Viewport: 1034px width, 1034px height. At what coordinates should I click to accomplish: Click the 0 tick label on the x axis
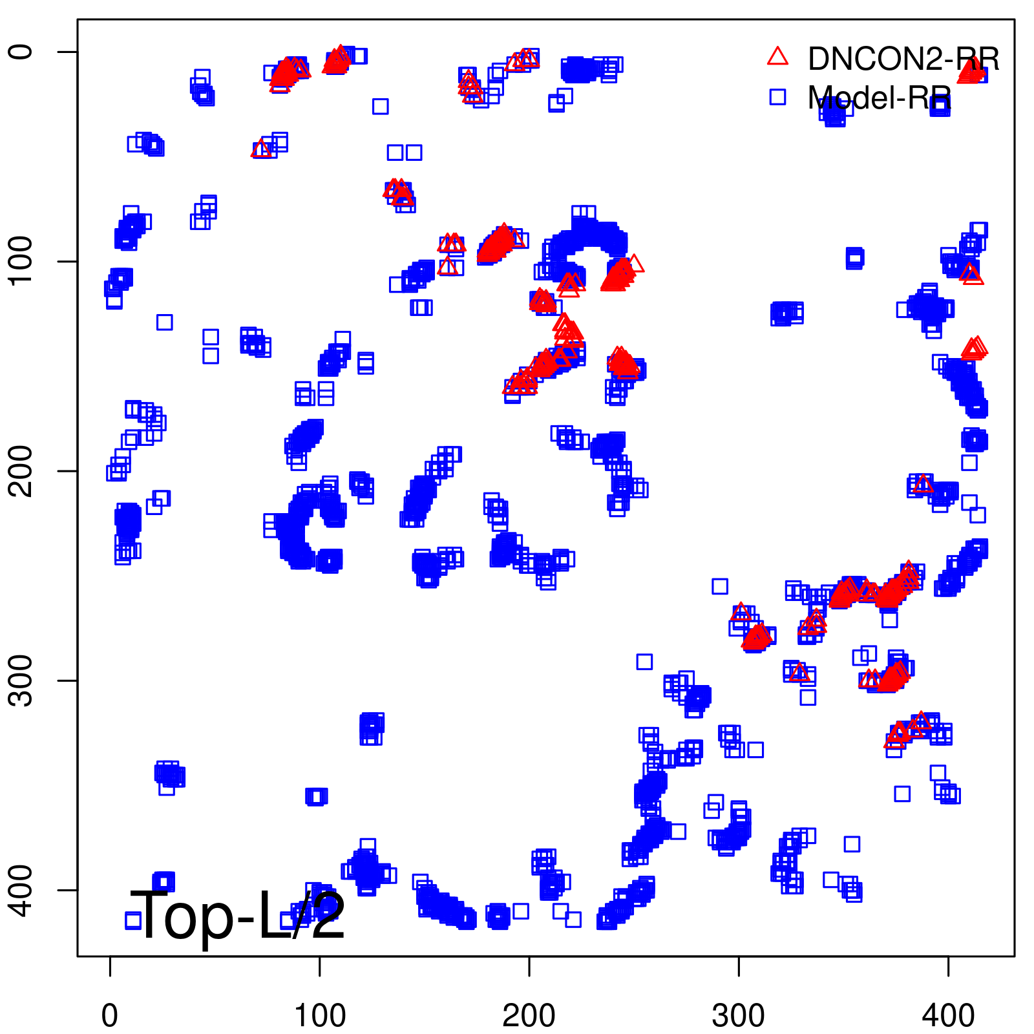pyautogui.click(x=110, y=1016)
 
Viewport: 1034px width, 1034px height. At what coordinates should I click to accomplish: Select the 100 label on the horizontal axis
pyautogui.click(x=319, y=1016)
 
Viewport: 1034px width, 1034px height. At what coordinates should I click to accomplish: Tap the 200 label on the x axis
pyautogui.click(x=529, y=1016)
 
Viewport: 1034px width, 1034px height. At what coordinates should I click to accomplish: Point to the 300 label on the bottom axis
pyautogui.click(x=738, y=1016)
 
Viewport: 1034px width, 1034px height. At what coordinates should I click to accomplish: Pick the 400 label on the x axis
pyautogui.click(x=947, y=1016)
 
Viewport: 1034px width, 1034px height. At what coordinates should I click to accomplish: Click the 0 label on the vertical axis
pyautogui.click(x=21, y=52)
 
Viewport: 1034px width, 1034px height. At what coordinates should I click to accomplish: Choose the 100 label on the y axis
pyautogui.click(x=21, y=261)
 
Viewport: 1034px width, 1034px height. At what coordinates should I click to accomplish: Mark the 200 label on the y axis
pyautogui.click(x=21, y=470)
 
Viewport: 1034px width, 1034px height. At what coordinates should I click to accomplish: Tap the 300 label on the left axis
pyautogui.click(x=21, y=680)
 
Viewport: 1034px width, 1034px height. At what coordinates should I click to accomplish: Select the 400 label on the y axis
pyautogui.click(x=21, y=889)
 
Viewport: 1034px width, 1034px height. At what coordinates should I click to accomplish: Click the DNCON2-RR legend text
pyautogui.click(x=903, y=59)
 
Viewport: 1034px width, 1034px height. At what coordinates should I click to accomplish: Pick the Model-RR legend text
pyautogui.click(x=879, y=98)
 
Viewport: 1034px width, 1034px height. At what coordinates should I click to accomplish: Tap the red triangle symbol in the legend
pyautogui.click(x=777, y=57)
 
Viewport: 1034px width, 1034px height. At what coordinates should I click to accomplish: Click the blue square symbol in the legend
pyautogui.click(x=777, y=97)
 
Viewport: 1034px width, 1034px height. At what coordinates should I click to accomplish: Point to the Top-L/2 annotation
pyautogui.click(x=237, y=915)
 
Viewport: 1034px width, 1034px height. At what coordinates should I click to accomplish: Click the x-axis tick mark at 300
pyautogui.click(x=738, y=966)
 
